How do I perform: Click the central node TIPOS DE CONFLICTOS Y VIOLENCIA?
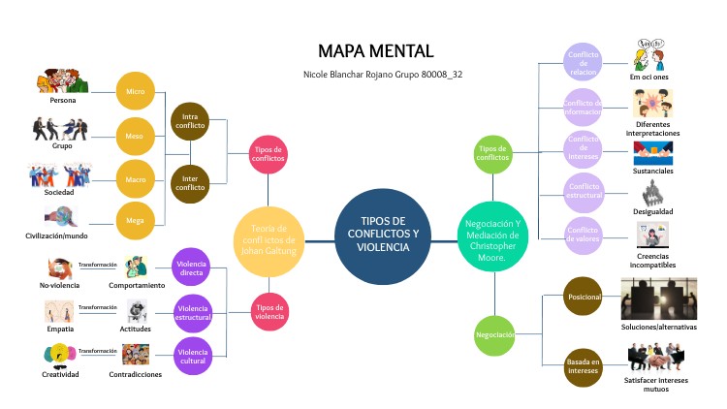(x=383, y=234)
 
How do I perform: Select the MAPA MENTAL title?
(x=375, y=51)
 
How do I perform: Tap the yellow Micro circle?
(x=136, y=92)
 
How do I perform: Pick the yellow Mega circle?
(x=136, y=220)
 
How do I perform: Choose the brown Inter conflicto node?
(x=190, y=180)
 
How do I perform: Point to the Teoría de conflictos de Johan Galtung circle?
(x=270, y=234)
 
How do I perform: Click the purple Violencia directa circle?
(x=191, y=267)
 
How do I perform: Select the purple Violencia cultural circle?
(x=191, y=356)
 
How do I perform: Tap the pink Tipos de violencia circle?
(x=269, y=311)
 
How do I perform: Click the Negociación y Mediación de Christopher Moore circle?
(x=493, y=234)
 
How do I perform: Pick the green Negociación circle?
(x=494, y=334)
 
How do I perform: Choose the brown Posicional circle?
(x=585, y=297)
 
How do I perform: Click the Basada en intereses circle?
(x=585, y=367)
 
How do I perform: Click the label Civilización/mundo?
(x=56, y=236)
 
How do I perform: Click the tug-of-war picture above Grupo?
(x=61, y=130)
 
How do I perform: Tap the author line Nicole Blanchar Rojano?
(x=376, y=75)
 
